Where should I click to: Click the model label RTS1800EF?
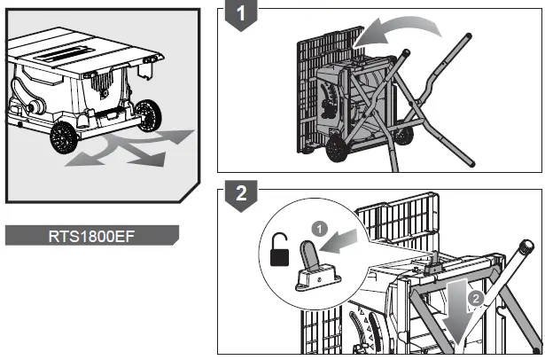[91, 235]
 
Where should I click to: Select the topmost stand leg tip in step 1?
[465, 35]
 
